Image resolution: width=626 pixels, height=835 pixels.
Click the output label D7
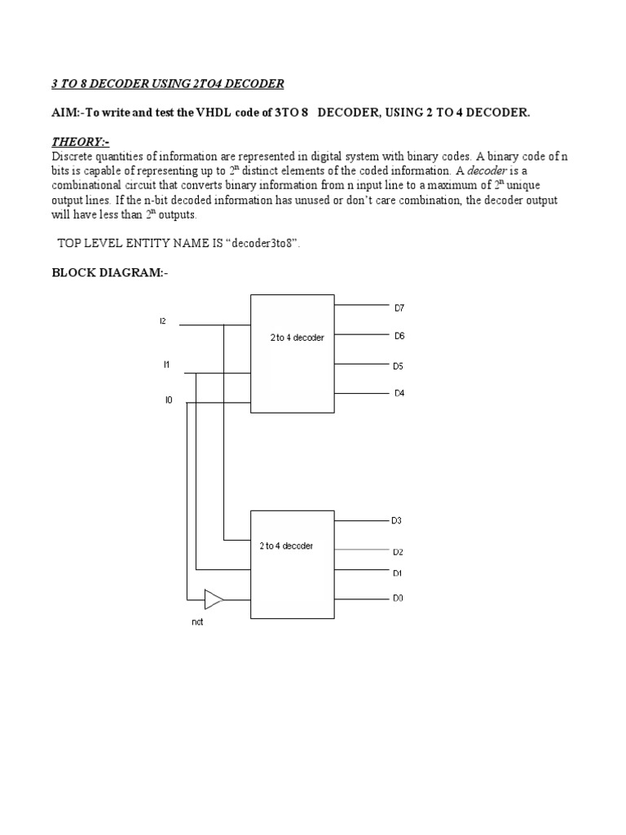coord(399,308)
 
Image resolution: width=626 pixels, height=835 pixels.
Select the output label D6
coord(399,336)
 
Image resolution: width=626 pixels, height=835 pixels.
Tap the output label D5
coord(399,366)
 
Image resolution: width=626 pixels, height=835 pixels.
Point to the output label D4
coord(399,393)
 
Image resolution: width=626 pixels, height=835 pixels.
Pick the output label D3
coord(397,520)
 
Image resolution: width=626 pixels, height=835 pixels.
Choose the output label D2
coord(398,552)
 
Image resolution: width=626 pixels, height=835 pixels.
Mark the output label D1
coord(397,573)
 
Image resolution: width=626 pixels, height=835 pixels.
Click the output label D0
coord(398,598)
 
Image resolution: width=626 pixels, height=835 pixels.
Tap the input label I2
coord(163,321)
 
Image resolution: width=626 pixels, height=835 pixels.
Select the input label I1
coord(166,364)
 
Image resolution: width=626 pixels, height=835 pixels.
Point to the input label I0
coord(169,400)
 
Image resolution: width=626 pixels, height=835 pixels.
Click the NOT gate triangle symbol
coord(213,599)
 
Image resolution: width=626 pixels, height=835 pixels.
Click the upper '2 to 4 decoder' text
coord(298,338)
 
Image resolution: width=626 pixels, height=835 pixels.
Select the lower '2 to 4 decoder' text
coord(286,546)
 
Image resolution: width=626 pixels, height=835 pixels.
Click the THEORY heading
coord(80,142)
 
